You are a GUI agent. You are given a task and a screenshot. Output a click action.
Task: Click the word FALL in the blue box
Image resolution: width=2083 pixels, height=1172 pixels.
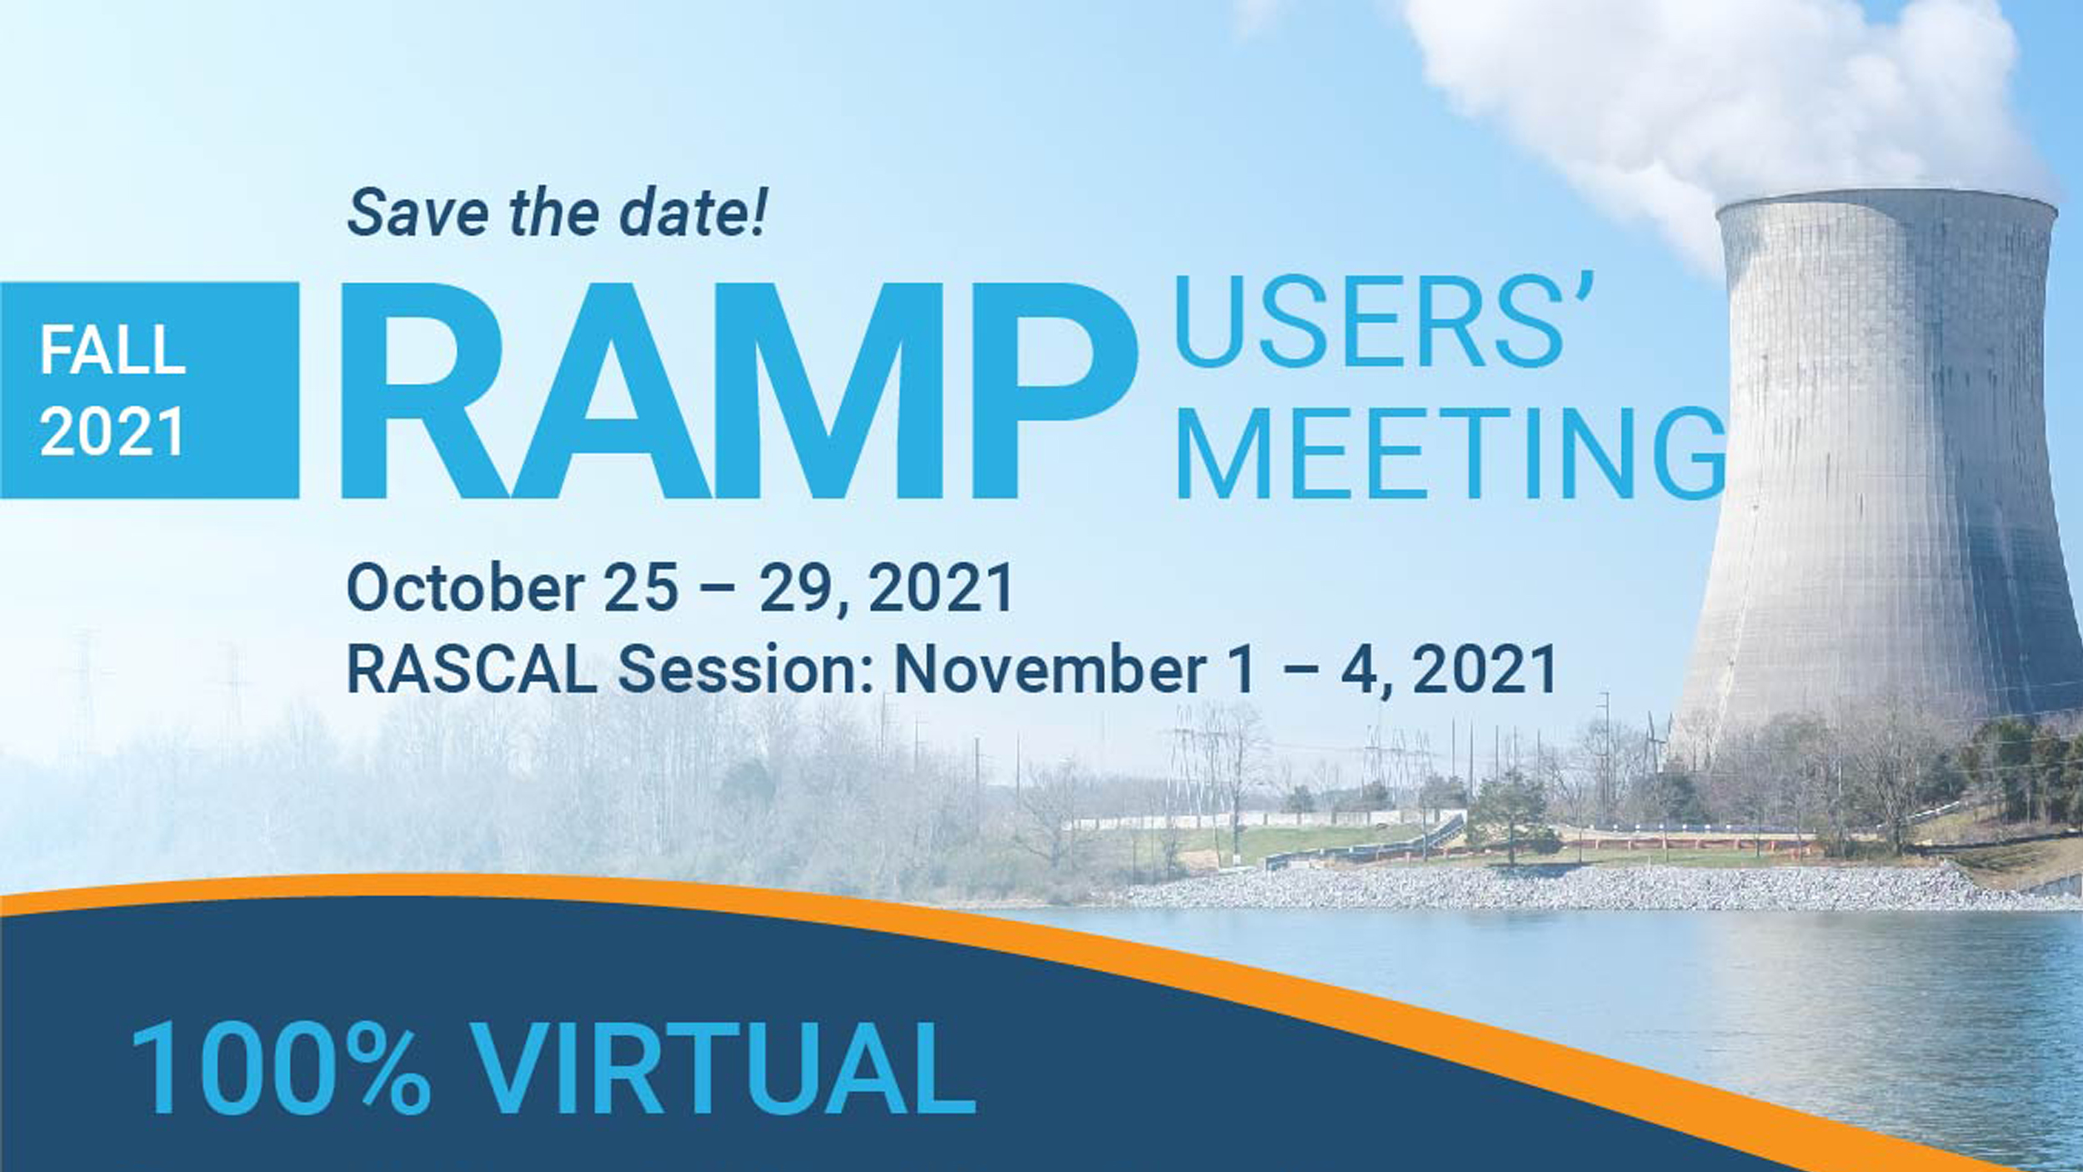pyautogui.click(x=112, y=350)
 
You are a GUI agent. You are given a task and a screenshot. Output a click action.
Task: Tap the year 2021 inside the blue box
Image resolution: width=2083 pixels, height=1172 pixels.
pyautogui.click(x=112, y=431)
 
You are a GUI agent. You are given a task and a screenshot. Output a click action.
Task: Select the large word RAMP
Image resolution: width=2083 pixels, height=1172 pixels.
pyautogui.click(x=739, y=391)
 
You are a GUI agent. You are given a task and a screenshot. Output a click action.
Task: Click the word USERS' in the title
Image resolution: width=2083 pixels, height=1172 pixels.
pyautogui.click(x=1384, y=321)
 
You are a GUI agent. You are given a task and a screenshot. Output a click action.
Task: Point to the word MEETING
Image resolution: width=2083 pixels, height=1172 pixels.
pyautogui.click(x=1451, y=453)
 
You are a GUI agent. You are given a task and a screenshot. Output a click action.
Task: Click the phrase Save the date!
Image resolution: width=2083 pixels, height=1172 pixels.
pyautogui.click(x=556, y=212)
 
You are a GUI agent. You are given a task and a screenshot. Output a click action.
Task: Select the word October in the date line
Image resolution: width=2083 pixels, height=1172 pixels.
pyautogui.click(x=466, y=588)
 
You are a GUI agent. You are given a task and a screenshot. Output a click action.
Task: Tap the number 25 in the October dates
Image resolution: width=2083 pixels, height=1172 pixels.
pyautogui.click(x=641, y=588)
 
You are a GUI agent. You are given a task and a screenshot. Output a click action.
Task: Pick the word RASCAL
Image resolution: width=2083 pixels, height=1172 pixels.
pyautogui.click(x=472, y=669)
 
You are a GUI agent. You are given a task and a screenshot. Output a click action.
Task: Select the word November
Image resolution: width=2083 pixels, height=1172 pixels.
pyautogui.click(x=1051, y=669)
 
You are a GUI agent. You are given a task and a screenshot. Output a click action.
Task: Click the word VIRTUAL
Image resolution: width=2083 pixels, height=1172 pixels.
pyautogui.click(x=722, y=1069)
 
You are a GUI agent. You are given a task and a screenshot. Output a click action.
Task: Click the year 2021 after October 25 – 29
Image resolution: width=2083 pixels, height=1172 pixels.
pyautogui.click(x=941, y=588)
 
